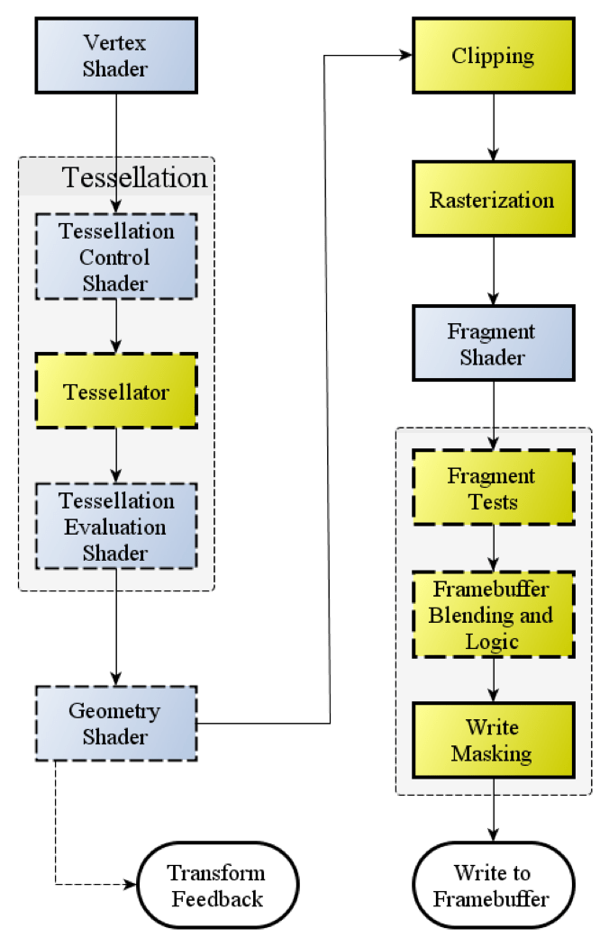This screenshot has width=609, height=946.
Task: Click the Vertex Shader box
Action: click(x=115, y=55)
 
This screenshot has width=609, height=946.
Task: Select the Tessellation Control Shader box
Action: click(x=115, y=257)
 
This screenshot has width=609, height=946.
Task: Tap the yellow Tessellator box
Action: click(x=115, y=392)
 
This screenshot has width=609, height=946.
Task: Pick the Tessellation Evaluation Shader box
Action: click(x=115, y=527)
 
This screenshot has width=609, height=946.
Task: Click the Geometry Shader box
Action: click(x=115, y=723)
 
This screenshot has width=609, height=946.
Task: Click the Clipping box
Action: click(x=493, y=56)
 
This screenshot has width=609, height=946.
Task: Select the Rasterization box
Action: click(x=493, y=199)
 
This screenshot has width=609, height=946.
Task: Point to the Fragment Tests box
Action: click(x=493, y=488)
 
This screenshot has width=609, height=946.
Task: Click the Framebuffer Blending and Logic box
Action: click(x=493, y=616)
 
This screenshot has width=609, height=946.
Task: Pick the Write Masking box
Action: click(x=493, y=740)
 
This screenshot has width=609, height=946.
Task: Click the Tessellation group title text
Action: click(x=135, y=177)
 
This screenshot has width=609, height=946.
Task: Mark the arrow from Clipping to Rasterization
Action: click(x=493, y=127)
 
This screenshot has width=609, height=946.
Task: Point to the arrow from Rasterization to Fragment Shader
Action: click(x=493, y=271)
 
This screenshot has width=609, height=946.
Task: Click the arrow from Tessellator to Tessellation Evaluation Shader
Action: click(x=115, y=456)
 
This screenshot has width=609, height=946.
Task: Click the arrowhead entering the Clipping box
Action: click(x=405, y=56)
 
